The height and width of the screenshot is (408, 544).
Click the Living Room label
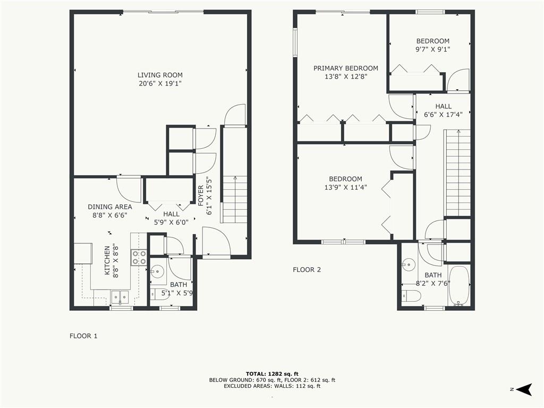(160, 75)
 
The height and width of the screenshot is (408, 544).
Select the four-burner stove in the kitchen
(139, 258)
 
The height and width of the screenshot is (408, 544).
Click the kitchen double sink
(120, 296)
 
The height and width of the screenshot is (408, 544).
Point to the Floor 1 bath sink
(156, 272)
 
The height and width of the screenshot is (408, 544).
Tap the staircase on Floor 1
(234, 199)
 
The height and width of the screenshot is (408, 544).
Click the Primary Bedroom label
(346, 68)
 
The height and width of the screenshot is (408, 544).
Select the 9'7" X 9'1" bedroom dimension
(432, 49)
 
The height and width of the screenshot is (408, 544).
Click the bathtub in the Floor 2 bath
(459, 286)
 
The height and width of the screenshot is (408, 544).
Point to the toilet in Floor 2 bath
(411, 296)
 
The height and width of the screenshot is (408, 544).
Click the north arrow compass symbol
(524, 389)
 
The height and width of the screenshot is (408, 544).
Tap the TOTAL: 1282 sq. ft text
(271, 373)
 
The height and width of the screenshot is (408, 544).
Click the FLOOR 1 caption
(83, 336)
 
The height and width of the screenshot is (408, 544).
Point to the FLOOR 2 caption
(307, 269)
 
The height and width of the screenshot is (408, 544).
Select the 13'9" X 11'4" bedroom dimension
(345, 187)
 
